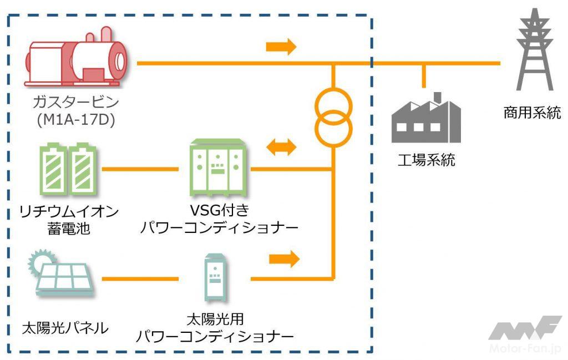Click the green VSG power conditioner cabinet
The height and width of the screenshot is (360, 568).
[217, 168]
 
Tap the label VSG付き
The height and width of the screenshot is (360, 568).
[217, 211]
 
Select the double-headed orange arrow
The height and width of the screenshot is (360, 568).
[282, 148]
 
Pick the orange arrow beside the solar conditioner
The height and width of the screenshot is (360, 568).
[284, 258]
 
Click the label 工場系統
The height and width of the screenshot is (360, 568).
[427, 161]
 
